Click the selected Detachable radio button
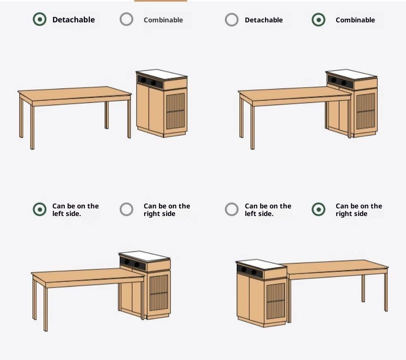(40, 19)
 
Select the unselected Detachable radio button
(231, 20)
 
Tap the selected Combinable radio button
(318, 20)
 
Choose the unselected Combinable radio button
(126, 19)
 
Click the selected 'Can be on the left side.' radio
(40, 209)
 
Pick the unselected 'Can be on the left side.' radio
(231, 209)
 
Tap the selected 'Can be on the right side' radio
(318, 209)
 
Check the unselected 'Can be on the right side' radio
(126, 209)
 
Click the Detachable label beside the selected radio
(73, 20)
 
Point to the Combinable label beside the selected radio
(355, 20)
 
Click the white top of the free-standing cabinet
(162, 74)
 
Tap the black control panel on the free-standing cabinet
(150, 81)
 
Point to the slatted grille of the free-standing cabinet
(175, 111)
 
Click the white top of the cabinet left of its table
(261, 264)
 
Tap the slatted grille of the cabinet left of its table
(276, 301)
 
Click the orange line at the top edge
(161, 1)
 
